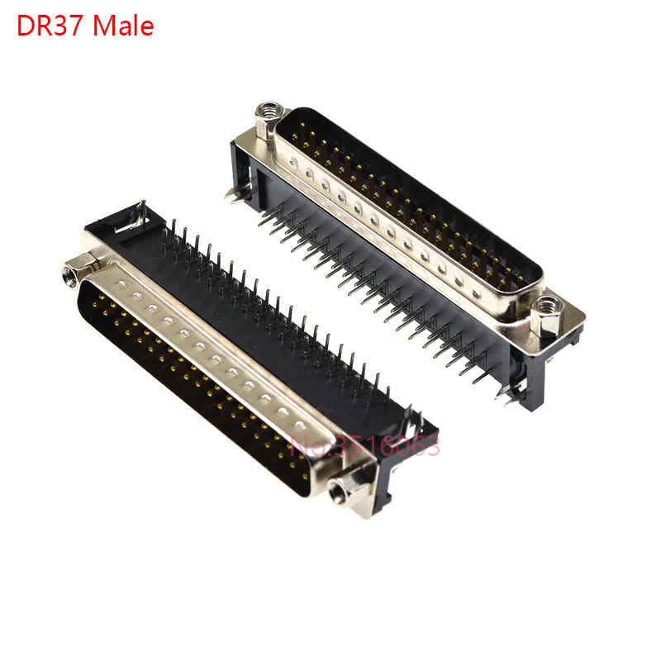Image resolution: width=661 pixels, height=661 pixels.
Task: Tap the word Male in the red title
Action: point(123,26)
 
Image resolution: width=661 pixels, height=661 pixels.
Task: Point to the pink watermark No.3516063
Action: point(365,446)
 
